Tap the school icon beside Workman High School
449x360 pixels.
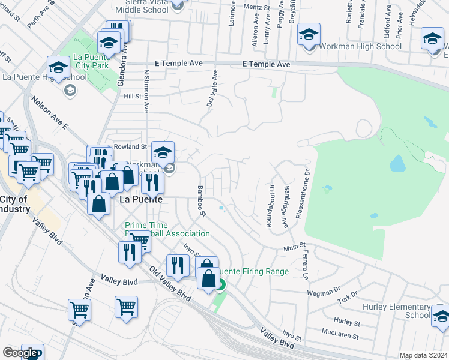(x=309, y=34)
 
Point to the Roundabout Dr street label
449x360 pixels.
(x=270, y=205)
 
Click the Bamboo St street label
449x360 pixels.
(x=201, y=202)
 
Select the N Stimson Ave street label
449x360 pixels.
(x=146, y=89)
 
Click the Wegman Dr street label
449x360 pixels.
(x=319, y=292)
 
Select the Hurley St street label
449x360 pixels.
(x=347, y=322)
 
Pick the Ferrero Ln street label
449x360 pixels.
(x=305, y=265)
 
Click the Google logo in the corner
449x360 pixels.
(x=20, y=353)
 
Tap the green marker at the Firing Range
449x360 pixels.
(x=220, y=285)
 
